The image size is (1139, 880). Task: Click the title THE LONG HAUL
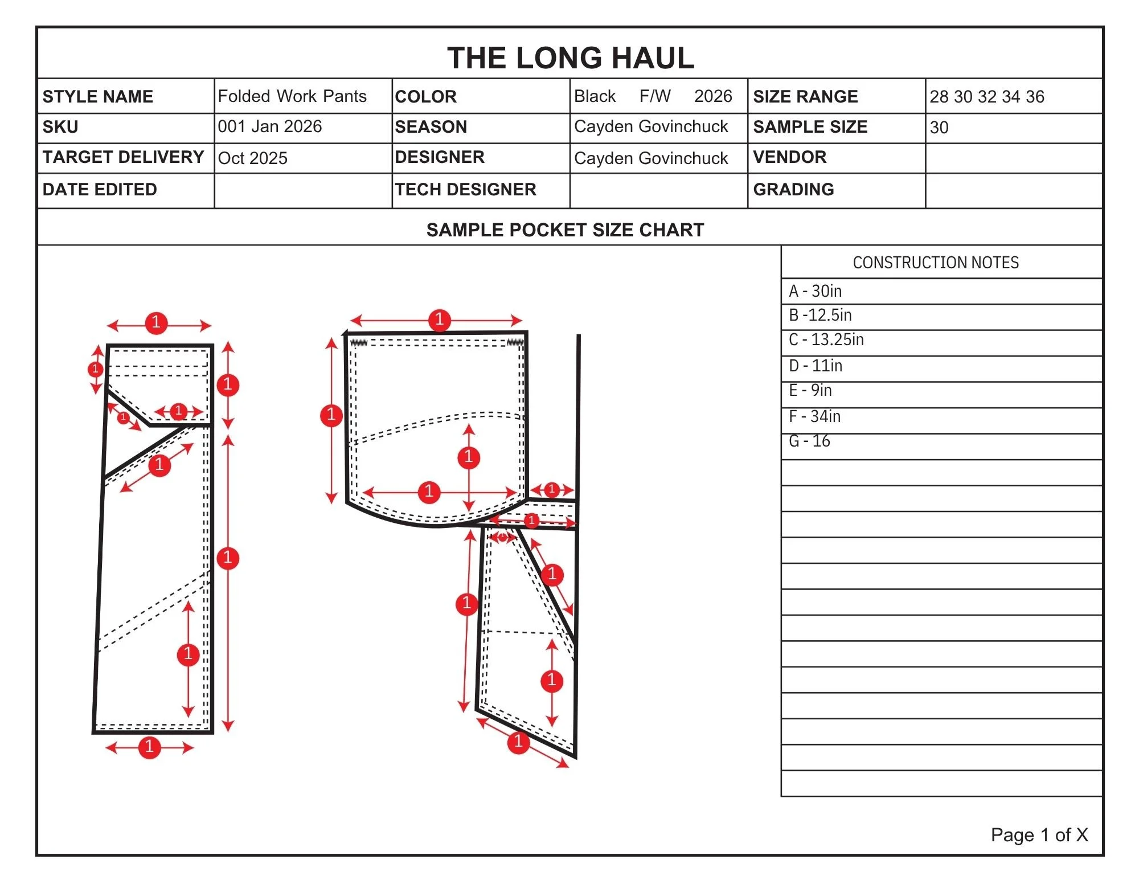pos(570,58)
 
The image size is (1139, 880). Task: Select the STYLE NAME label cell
pos(98,96)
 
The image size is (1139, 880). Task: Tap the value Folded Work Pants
pos(292,96)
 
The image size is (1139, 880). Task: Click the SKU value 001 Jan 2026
pos(270,126)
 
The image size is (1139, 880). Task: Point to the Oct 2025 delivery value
pos(253,158)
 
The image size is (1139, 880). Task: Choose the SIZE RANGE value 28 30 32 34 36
pos(987,96)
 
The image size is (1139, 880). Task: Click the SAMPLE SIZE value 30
pos(939,127)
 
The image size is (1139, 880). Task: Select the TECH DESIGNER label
pos(465,189)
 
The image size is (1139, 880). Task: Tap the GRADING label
pos(793,189)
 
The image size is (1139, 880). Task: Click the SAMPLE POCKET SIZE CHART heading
pos(565,230)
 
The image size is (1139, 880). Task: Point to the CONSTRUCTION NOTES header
pos(936,263)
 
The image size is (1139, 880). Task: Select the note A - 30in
pos(815,291)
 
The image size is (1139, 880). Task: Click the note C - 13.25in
pos(826,339)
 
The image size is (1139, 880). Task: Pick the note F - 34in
pos(814,416)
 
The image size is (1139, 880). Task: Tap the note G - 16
pos(809,441)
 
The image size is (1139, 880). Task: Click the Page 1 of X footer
pos(1039,834)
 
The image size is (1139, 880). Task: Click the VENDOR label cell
pos(789,157)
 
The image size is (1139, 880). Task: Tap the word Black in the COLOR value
pos(595,96)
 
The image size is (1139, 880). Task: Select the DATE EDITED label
pos(100,189)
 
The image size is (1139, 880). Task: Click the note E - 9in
pos(810,390)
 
